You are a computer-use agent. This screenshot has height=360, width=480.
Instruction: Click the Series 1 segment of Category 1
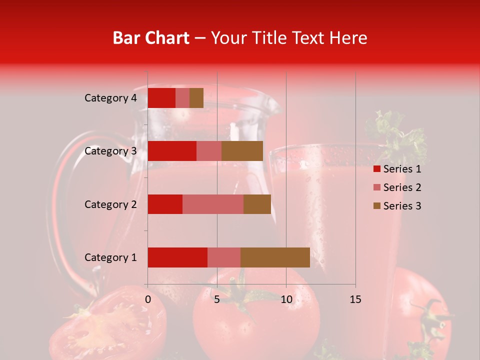pyautogui.click(x=177, y=257)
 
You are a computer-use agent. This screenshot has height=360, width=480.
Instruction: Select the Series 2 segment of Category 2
pyautogui.click(x=213, y=204)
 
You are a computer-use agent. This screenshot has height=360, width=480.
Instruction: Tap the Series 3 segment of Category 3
pyautogui.click(x=242, y=151)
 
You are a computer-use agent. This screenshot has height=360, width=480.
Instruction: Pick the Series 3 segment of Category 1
pyautogui.click(x=275, y=257)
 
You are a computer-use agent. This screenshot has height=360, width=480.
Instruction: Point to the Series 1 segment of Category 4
pyautogui.click(x=161, y=98)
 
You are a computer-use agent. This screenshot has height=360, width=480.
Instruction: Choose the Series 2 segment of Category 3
pyautogui.click(x=209, y=151)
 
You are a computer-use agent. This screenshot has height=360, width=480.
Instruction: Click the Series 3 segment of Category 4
pyautogui.click(x=196, y=98)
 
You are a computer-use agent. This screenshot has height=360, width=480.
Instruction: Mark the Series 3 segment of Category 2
pyautogui.click(x=257, y=204)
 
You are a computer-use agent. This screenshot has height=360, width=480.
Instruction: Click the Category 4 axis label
pyautogui.click(x=110, y=98)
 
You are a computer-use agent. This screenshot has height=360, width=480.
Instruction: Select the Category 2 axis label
pyautogui.click(x=110, y=204)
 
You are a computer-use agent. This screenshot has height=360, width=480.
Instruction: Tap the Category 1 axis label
pyautogui.click(x=110, y=257)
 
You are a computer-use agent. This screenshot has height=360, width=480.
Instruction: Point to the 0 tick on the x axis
pyautogui.click(x=148, y=299)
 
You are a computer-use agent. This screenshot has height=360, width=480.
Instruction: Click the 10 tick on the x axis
pyautogui.click(x=286, y=299)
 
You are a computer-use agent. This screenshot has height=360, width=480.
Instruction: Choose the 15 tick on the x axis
pyautogui.click(x=355, y=299)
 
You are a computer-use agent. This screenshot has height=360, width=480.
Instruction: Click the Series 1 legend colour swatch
pyautogui.click(x=377, y=169)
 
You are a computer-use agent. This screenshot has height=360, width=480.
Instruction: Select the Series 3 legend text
pyautogui.click(x=402, y=206)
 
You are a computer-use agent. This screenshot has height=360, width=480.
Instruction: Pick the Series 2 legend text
pyautogui.click(x=402, y=187)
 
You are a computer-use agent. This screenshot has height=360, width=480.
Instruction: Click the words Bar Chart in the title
pyautogui.click(x=151, y=38)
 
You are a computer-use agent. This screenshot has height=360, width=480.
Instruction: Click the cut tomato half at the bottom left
pyautogui.click(x=110, y=325)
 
